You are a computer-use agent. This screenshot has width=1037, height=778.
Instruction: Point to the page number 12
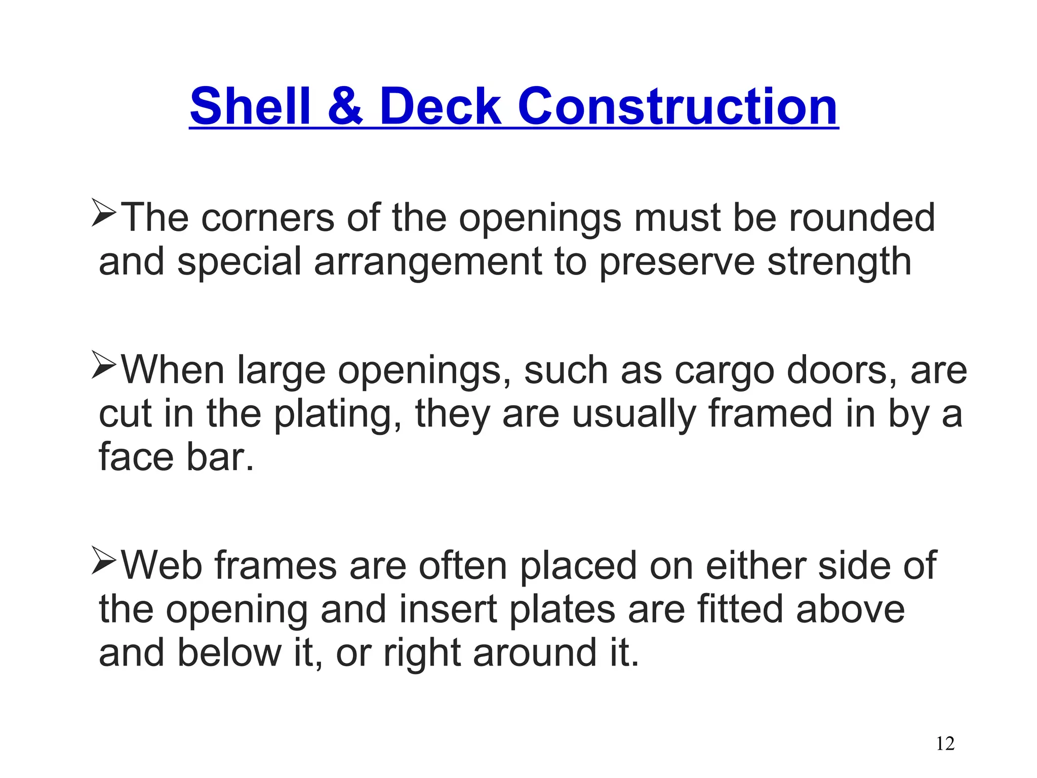point(945,744)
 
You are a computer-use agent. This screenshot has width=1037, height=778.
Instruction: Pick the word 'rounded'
point(861,218)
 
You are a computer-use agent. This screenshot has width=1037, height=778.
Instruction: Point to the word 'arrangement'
point(428,262)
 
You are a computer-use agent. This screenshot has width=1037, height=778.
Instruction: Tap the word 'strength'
point(839,262)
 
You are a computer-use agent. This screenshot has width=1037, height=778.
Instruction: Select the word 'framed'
point(770,414)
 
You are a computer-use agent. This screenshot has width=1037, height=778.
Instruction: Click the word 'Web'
point(162,566)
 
